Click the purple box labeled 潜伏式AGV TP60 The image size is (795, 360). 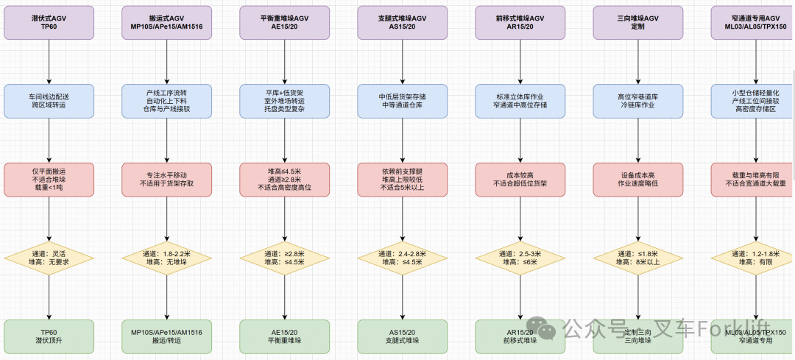49,22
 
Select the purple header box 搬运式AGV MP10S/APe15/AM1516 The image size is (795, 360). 167,22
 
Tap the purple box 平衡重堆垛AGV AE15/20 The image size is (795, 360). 285,22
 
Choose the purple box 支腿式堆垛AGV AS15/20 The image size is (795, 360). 403,22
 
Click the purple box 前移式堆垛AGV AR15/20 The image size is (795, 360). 520,22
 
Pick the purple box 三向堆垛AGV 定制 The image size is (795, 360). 638,22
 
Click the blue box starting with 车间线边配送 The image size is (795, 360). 49,101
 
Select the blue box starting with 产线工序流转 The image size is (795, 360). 167,101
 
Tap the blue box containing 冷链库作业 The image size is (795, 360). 638,101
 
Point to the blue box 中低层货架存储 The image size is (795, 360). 403,101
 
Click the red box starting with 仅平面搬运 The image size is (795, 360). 49,180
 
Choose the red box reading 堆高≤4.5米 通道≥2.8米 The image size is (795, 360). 285,180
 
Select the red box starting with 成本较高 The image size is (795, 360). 520,180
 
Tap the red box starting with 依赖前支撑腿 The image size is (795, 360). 403,180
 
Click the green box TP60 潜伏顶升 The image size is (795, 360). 49,336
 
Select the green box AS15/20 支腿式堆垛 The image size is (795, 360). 403,336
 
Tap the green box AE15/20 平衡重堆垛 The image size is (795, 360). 285,336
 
